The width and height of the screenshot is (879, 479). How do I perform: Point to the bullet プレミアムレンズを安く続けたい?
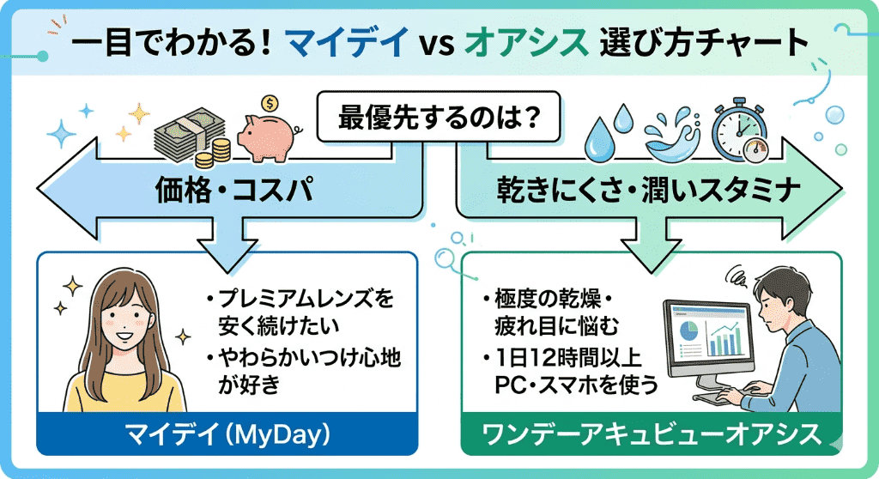(297, 312)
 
